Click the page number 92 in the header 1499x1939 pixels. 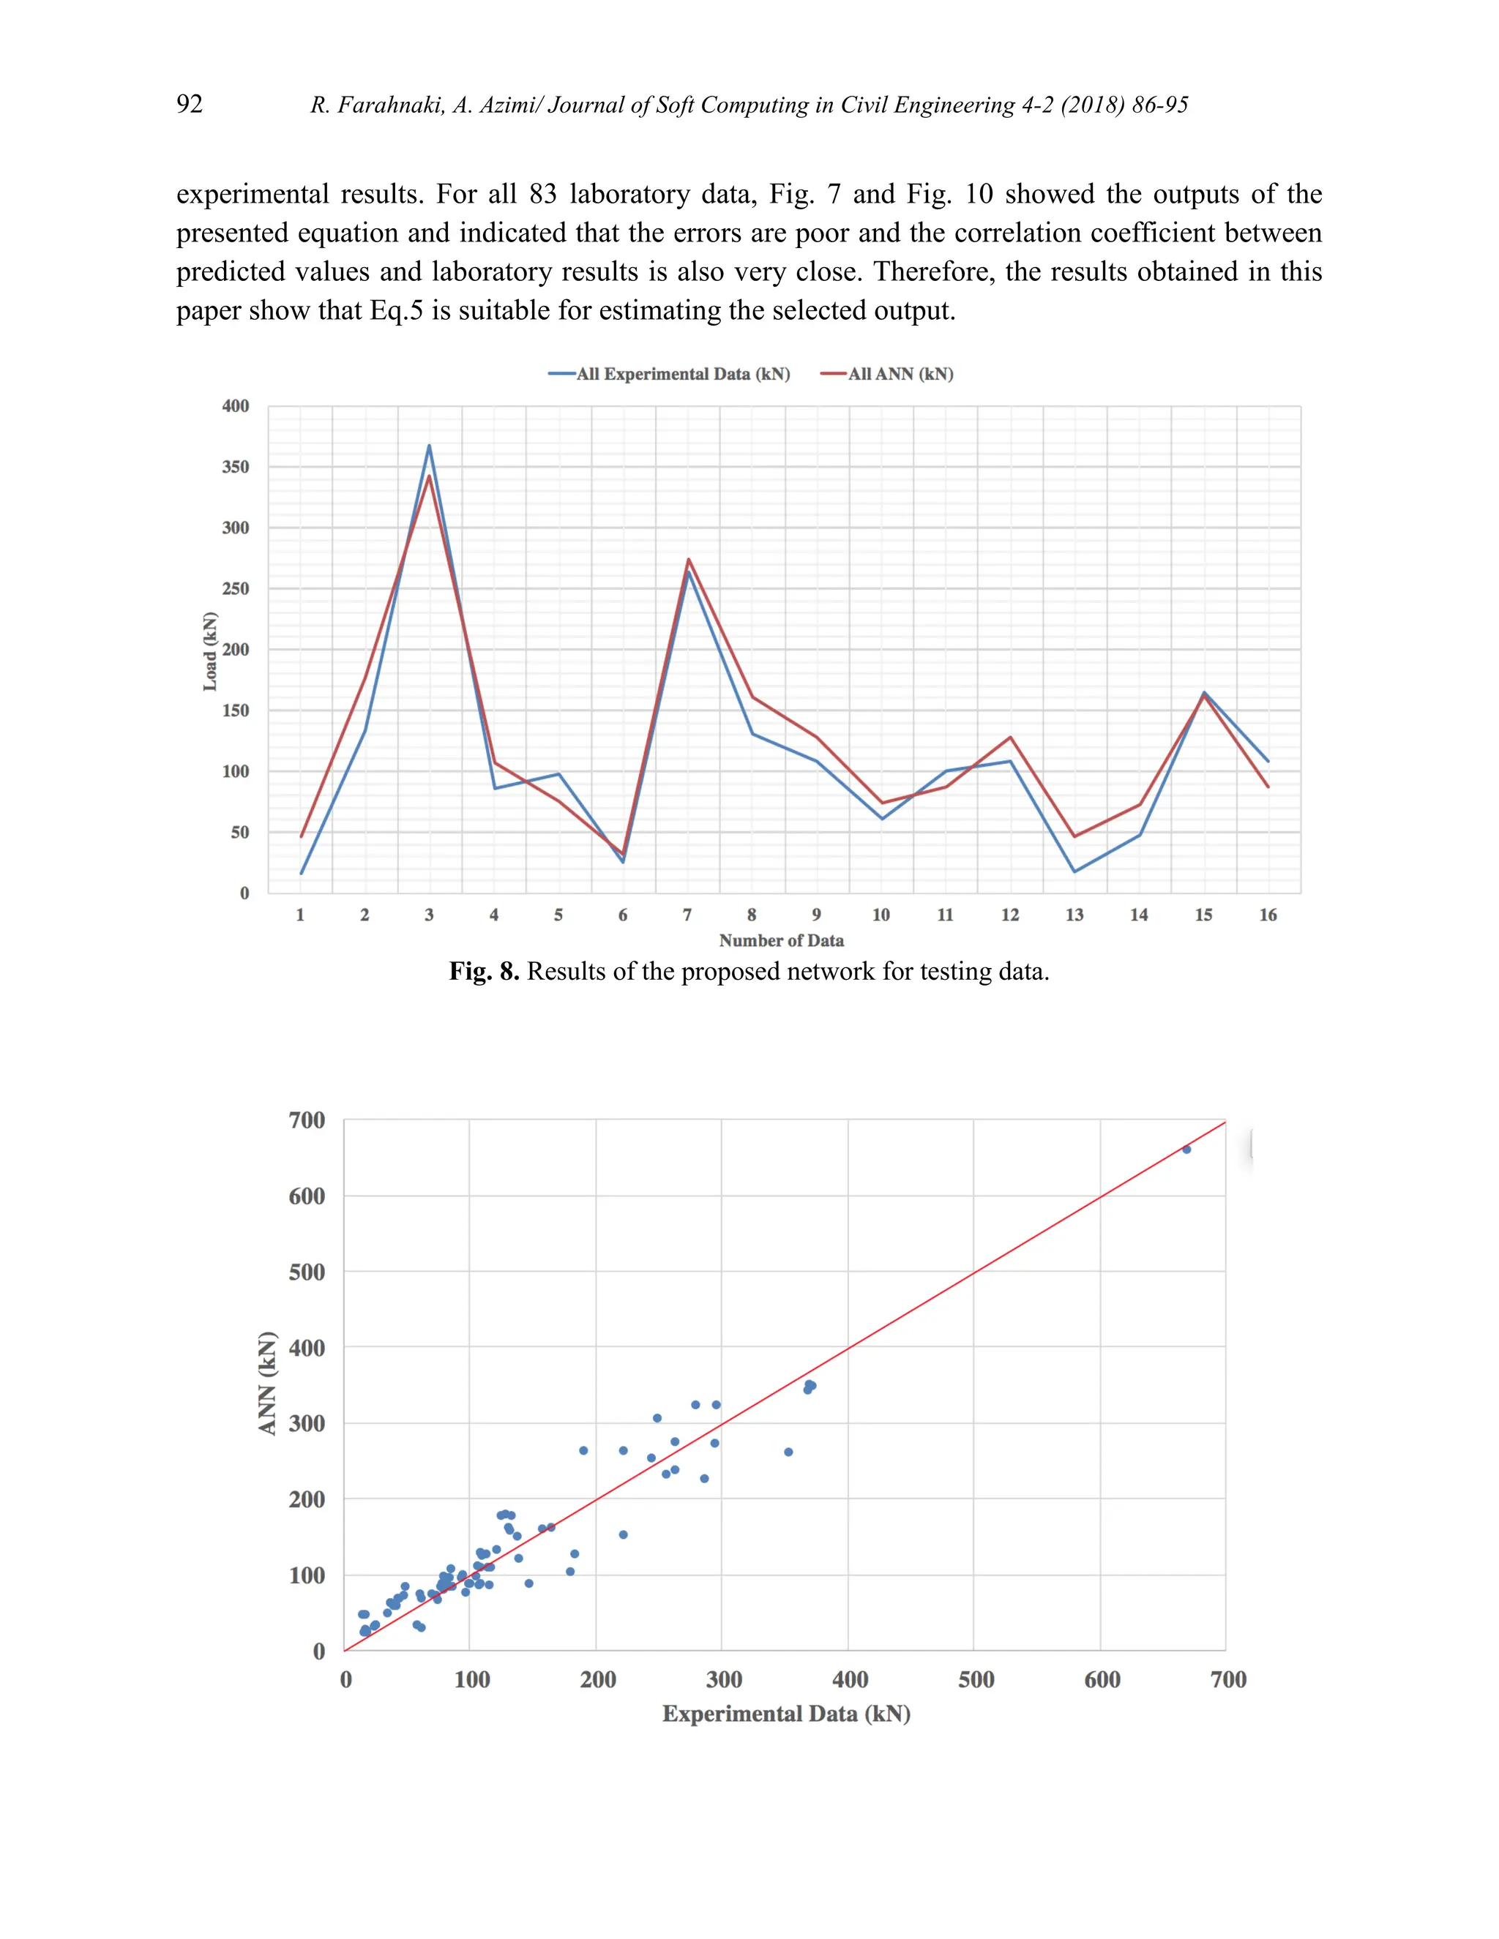[189, 104]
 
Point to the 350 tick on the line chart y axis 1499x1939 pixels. [236, 467]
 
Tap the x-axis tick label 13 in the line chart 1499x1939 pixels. [1074, 915]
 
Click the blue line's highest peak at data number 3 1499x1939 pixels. [429, 446]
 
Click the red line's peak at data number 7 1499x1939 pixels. [688, 559]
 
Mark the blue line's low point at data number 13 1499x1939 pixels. [1074, 871]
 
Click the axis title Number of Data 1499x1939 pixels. [782, 940]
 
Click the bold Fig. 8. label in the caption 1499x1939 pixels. [484, 971]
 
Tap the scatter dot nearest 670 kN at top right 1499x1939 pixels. [1186, 1149]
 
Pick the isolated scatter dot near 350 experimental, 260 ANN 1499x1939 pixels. [788, 1452]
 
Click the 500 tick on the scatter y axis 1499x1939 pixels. [307, 1272]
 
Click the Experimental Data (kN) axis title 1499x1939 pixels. [786, 1714]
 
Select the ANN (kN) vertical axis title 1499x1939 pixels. [267, 1383]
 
